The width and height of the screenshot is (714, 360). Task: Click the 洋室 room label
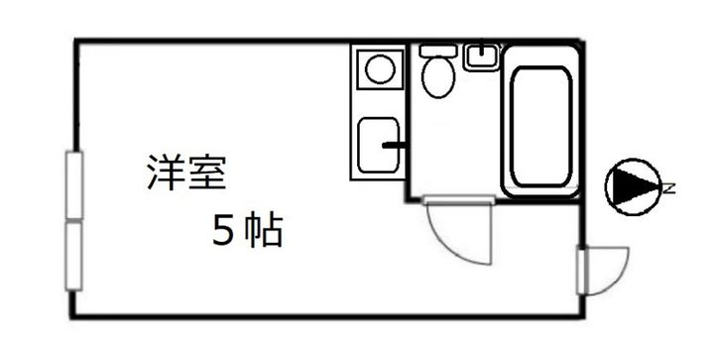(186, 172)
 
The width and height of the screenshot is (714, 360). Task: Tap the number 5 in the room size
(223, 231)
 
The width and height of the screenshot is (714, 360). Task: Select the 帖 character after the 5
(265, 231)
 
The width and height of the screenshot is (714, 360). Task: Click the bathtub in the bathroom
(539, 125)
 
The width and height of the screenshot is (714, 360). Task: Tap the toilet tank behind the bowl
(436, 50)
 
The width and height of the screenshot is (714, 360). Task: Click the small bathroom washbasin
(482, 56)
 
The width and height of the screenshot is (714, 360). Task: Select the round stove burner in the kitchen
(379, 68)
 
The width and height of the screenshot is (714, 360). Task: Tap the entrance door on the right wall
(582, 271)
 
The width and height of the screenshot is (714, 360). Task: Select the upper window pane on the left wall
(73, 184)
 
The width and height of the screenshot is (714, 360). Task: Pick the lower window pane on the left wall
(73, 255)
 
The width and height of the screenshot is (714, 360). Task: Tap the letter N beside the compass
(669, 187)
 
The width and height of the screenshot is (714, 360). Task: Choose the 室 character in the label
(208, 172)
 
